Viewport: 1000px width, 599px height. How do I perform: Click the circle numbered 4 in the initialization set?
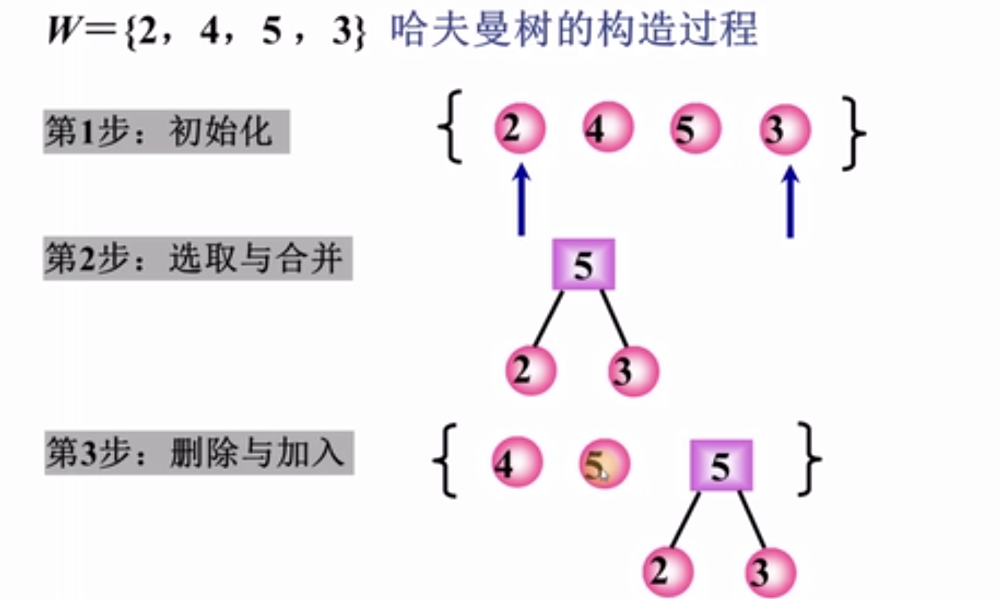click(608, 128)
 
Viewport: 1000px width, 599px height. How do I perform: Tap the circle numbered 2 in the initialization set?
click(520, 128)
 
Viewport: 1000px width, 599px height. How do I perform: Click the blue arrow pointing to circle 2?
click(522, 200)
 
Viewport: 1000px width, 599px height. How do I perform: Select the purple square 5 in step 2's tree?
click(583, 265)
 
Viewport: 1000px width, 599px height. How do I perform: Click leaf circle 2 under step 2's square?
click(531, 370)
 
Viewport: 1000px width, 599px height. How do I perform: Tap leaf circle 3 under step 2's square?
click(633, 371)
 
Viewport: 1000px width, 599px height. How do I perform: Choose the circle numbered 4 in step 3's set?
click(517, 462)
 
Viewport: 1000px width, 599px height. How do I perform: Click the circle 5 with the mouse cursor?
click(604, 464)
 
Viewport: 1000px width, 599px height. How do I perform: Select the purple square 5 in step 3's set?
click(721, 466)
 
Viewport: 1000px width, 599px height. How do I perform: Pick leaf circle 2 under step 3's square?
click(668, 572)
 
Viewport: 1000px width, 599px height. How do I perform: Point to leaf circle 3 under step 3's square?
click(770, 573)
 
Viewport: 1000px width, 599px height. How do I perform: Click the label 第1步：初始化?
click(166, 132)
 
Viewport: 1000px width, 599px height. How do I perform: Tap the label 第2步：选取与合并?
click(198, 258)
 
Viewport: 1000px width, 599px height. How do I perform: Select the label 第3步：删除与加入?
click(199, 453)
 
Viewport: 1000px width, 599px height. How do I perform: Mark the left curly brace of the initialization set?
click(451, 127)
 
